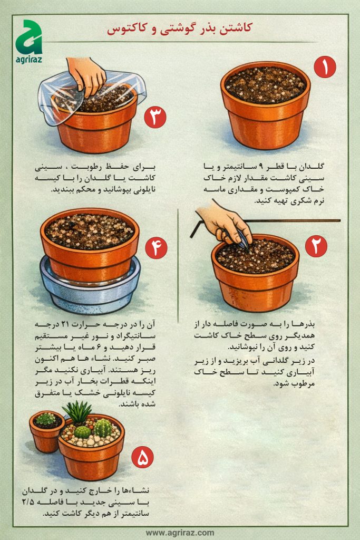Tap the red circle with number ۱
[325, 68]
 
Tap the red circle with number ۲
[316, 246]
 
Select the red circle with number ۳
[155, 117]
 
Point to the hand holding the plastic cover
[87, 74]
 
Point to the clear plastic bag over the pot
[58, 100]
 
